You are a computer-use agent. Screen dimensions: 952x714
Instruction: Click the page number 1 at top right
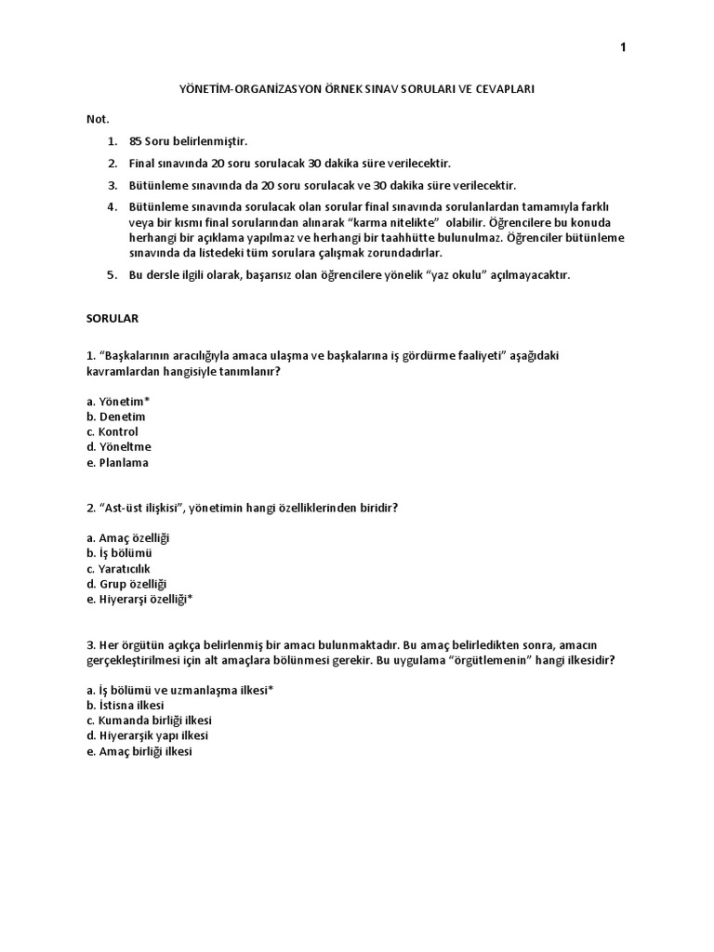(624, 49)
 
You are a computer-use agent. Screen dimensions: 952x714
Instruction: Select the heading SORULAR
(112, 317)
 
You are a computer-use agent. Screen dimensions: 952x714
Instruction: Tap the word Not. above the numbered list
(98, 118)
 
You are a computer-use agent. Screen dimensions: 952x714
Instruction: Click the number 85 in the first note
(137, 141)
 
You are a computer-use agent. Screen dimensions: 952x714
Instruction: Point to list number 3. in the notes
(112, 185)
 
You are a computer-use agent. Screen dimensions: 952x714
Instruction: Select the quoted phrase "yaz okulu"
(457, 275)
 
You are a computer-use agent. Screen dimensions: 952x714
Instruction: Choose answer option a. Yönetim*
(118, 401)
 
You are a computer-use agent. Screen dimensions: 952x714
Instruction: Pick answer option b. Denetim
(116, 416)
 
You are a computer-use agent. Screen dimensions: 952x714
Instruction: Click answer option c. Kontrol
(112, 431)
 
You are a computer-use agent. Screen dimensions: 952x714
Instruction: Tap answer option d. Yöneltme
(118, 446)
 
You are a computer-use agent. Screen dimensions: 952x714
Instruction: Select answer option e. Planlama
(117, 462)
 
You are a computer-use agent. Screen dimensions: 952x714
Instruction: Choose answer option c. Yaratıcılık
(118, 568)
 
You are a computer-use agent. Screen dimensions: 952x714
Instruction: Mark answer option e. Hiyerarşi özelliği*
(139, 600)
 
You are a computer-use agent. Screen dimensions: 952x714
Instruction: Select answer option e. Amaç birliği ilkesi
(139, 751)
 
